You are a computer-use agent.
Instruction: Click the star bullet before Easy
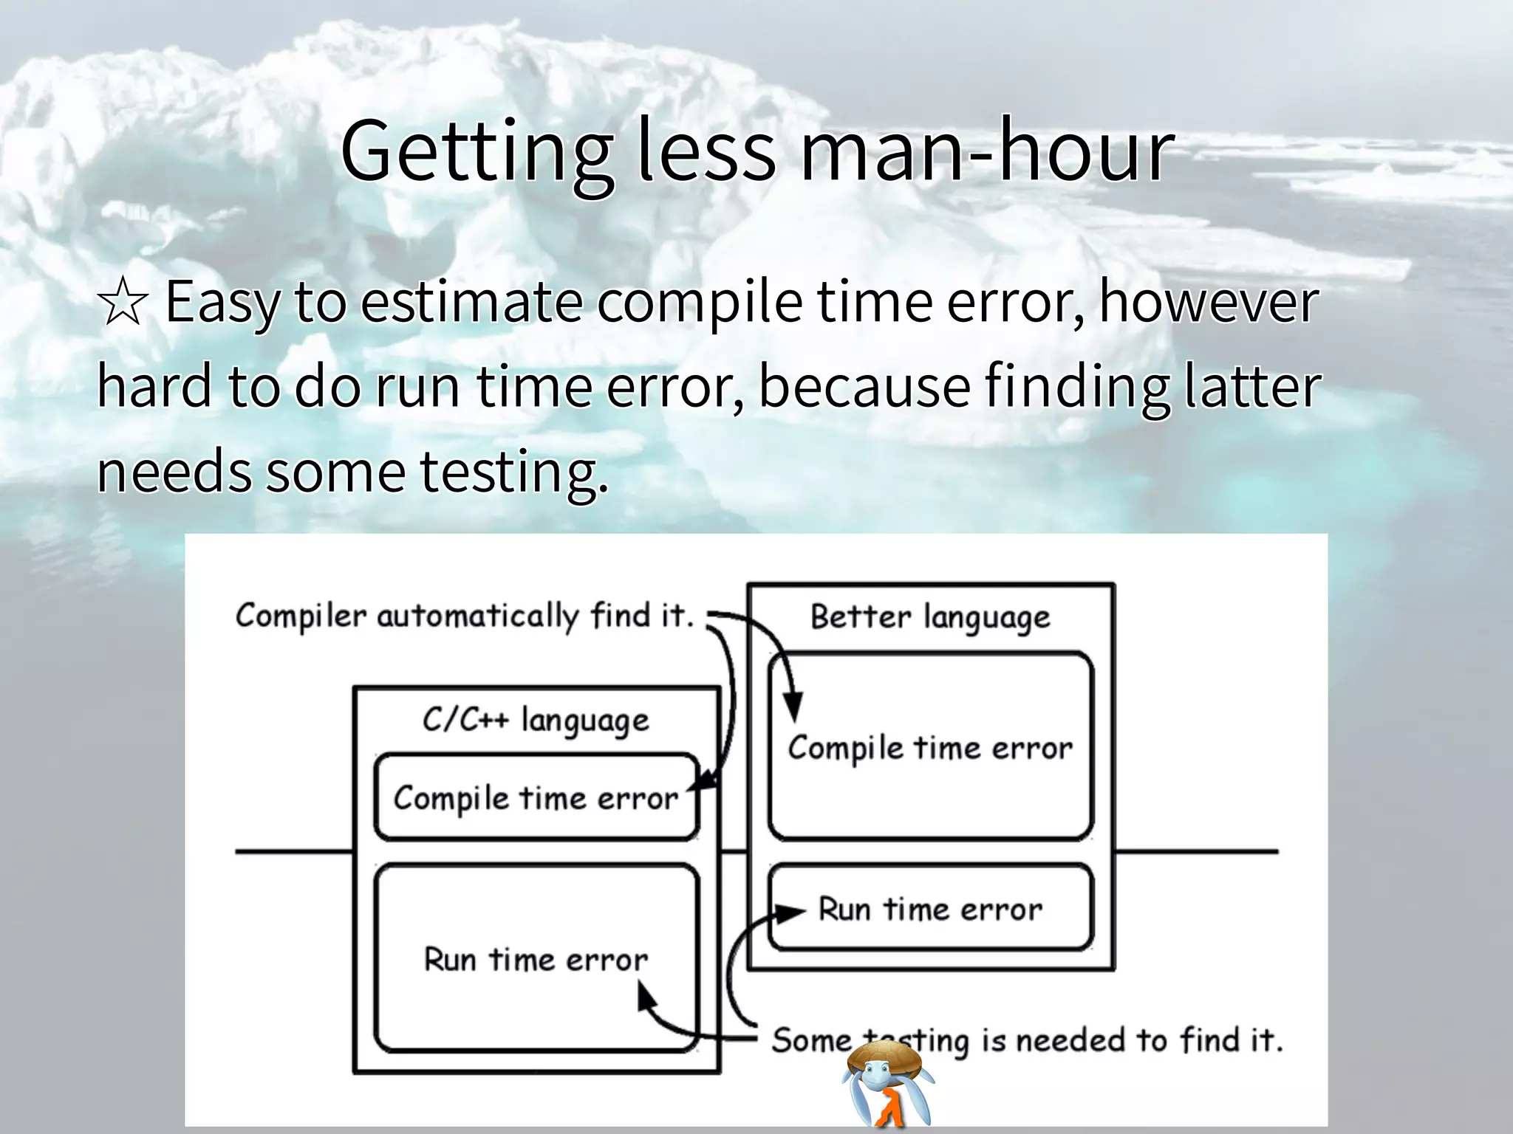(123, 303)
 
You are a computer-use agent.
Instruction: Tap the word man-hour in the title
(986, 151)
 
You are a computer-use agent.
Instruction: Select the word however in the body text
(1209, 303)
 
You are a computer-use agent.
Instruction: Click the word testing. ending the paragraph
(514, 472)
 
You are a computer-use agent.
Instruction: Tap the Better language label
(930, 617)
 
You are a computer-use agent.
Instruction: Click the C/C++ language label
(536, 720)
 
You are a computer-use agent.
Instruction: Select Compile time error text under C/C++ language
(536, 798)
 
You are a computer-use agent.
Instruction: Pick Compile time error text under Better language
(930, 748)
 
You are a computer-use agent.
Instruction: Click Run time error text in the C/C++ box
(536, 960)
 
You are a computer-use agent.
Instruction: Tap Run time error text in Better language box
(930, 909)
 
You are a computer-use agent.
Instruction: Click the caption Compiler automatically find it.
(465, 616)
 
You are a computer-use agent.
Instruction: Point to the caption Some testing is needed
(1027, 1040)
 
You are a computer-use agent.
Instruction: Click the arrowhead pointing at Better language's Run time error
(793, 913)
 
